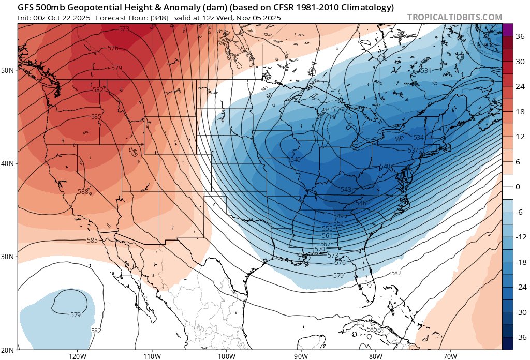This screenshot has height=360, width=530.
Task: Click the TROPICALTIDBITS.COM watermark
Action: pyautogui.click(x=454, y=17)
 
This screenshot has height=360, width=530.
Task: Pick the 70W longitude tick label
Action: pyautogui.click(x=450, y=356)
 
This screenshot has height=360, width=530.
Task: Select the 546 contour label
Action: pyautogui.click(x=361, y=203)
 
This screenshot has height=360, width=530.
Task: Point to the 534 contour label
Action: pyautogui.click(x=419, y=137)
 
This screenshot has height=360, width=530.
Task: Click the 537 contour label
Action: pyautogui.click(x=413, y=150)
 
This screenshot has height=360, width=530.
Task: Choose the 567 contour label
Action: pyautogui.click(x=326, y=244)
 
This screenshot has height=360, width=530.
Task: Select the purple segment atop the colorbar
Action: pyautogui.click(x=507, y=29)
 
